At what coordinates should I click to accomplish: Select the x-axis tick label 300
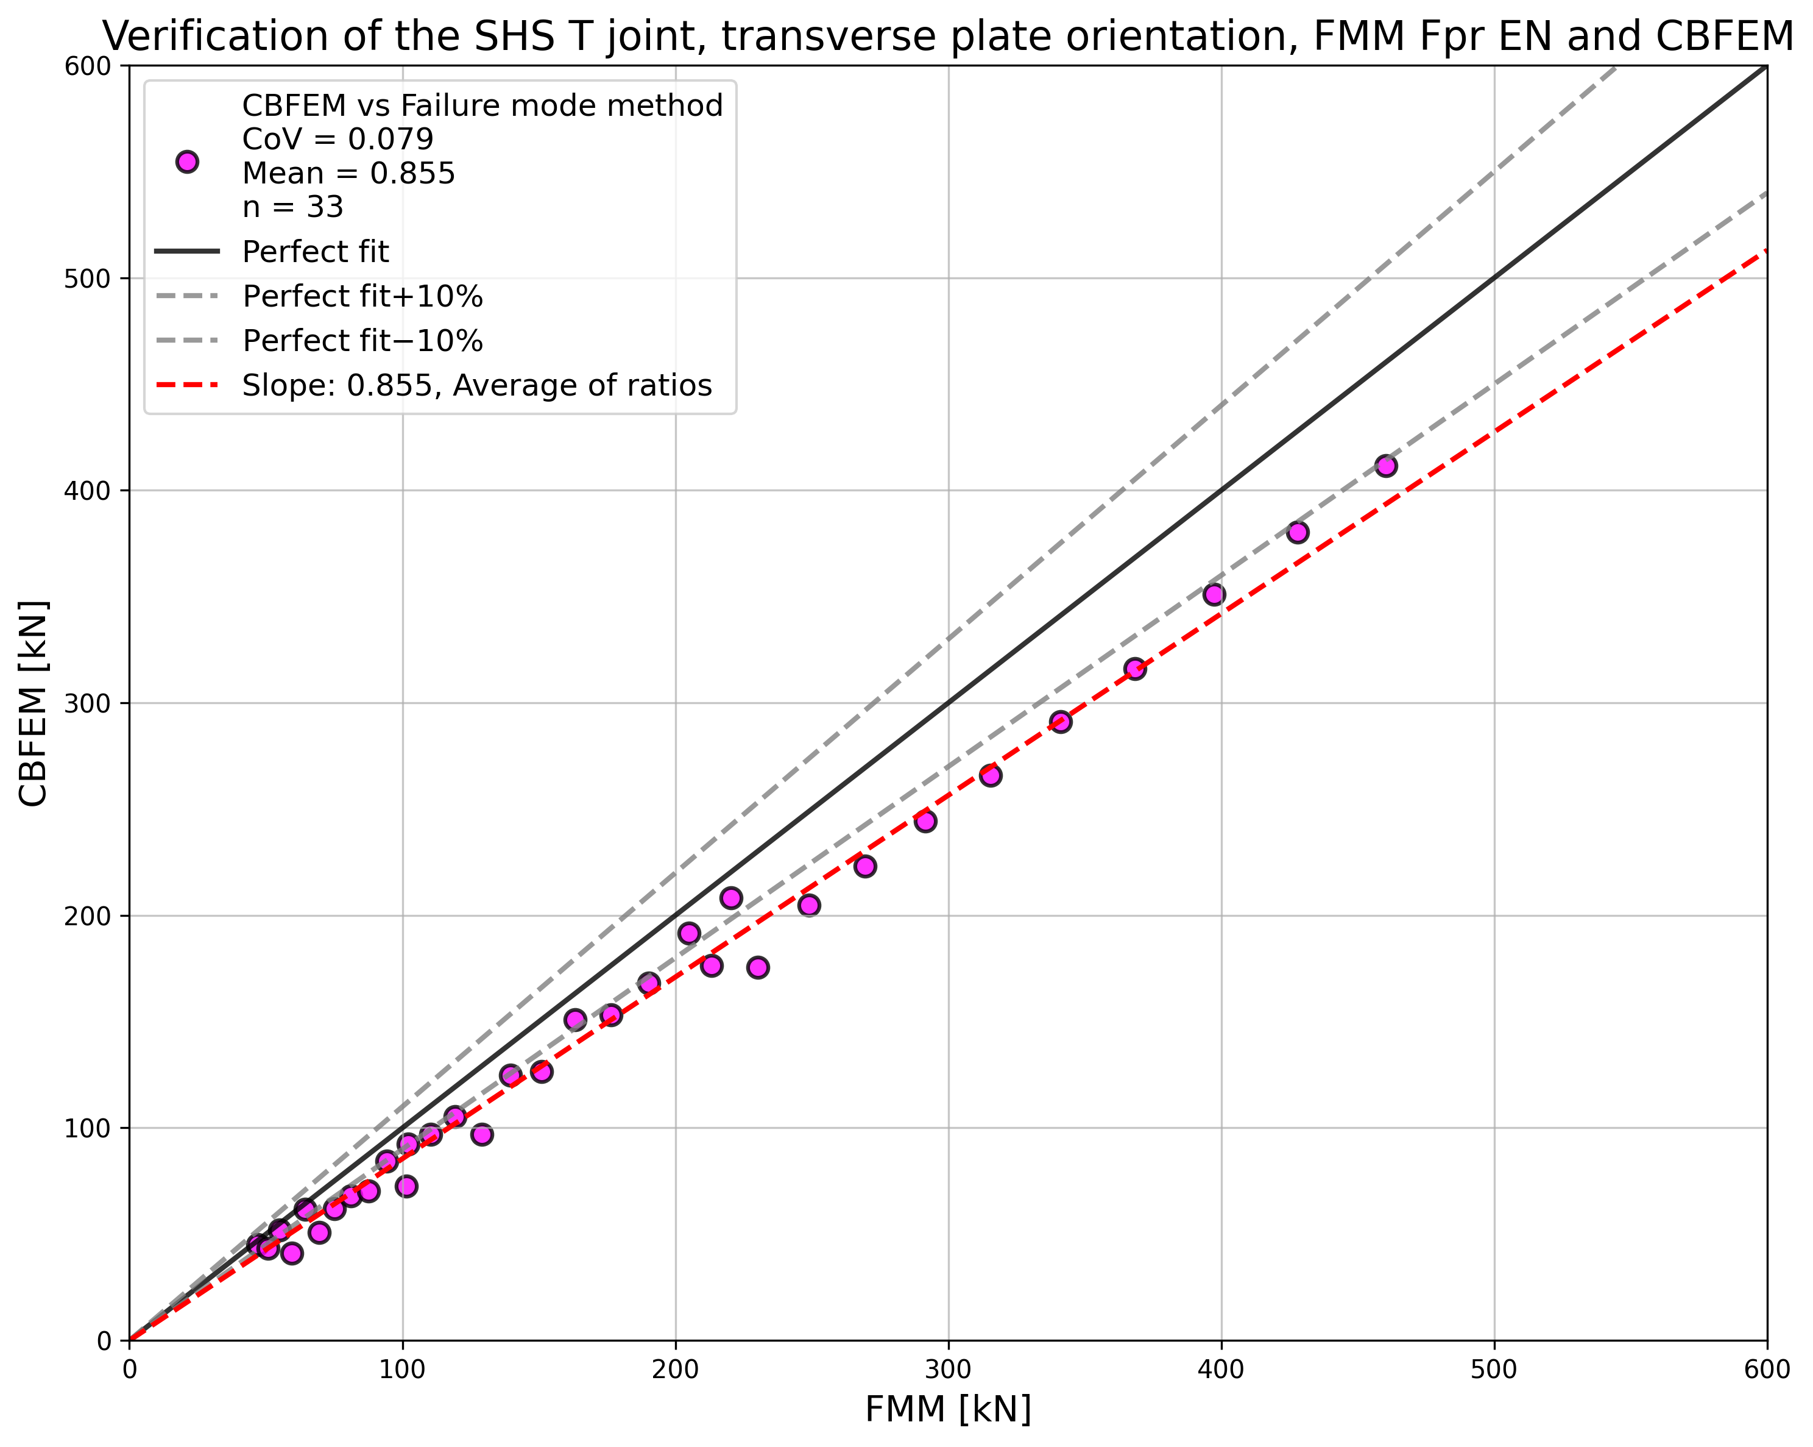point(949,1370)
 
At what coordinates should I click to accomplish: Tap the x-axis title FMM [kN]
point(948,1410)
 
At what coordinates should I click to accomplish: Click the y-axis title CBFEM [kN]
point(34,703)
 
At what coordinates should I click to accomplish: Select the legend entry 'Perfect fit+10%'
point(362,296)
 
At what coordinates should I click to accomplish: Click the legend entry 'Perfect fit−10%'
point(362,341)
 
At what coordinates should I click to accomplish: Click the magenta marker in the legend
point(186,162)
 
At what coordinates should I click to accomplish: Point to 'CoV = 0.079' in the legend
point(338,139)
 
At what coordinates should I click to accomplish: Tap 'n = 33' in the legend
point(292,207)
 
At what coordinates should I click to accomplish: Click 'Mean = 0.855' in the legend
point(348,173)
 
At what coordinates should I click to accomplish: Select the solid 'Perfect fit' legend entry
point(316,252)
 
